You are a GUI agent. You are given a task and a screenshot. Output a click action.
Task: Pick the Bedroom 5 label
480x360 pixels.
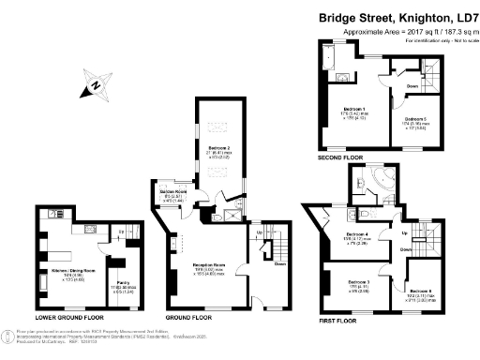[416, 119]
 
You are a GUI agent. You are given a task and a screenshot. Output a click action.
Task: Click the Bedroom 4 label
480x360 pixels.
[356, 234]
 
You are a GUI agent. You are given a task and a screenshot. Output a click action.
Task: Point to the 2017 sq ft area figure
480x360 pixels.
[403, 32]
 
